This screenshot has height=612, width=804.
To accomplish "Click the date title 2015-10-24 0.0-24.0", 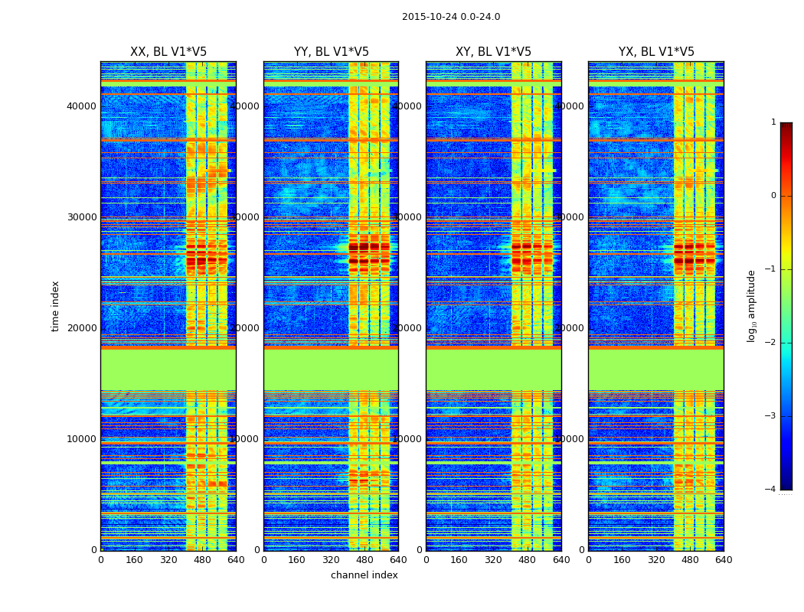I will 451,17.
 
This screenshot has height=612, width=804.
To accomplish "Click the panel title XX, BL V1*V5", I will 168,52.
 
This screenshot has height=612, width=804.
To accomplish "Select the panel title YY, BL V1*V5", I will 331,52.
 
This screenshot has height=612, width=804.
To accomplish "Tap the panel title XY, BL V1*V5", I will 493,52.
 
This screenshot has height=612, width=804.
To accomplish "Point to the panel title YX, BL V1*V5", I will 656,52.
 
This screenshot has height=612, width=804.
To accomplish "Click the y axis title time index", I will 55,305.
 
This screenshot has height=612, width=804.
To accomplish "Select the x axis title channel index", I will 364,575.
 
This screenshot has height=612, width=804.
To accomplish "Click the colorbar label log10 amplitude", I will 752,305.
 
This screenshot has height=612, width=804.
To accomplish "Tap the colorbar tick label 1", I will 773,122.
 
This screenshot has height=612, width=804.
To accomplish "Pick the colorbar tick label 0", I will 773,196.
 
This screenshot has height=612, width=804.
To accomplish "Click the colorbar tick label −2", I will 771,343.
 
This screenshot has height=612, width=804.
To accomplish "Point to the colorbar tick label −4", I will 771,490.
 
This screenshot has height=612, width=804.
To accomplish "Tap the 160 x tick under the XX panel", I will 134,560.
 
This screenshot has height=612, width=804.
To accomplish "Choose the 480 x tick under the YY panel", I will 364,560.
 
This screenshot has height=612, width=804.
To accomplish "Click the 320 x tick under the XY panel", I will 493,560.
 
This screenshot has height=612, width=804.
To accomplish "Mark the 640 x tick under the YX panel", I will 724,560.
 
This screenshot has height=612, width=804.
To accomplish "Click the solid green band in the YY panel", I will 331,369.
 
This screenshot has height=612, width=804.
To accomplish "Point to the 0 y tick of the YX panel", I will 581,550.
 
